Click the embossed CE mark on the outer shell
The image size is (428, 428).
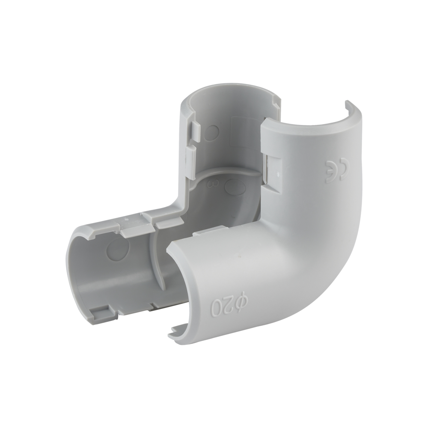[x=336, y=170]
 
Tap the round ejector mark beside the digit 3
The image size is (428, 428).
[x=234, y=187]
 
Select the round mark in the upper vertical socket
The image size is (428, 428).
[x=210, y=134]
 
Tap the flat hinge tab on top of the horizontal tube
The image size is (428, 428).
[x=136, y=225]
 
